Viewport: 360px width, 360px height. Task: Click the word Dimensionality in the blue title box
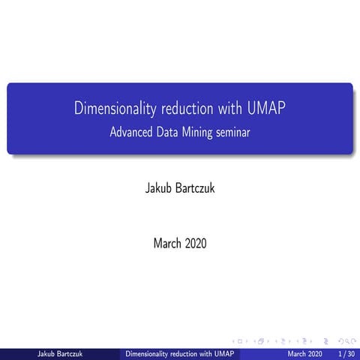click(112, 109)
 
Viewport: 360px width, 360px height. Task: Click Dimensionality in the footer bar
click(148, 353)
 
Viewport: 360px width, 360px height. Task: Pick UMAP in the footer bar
click(223, 353)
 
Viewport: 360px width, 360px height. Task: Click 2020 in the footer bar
click(315, 353)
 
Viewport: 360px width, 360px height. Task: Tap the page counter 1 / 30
click(346, 353)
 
